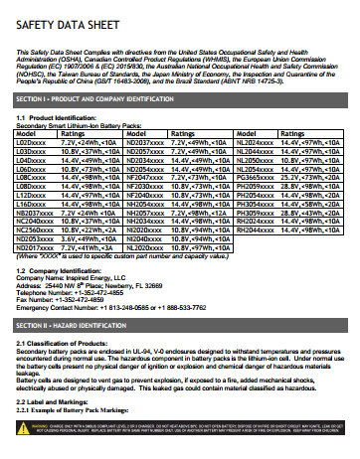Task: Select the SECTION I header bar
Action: click(180, 100)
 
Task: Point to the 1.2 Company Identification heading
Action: click(54, 270)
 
